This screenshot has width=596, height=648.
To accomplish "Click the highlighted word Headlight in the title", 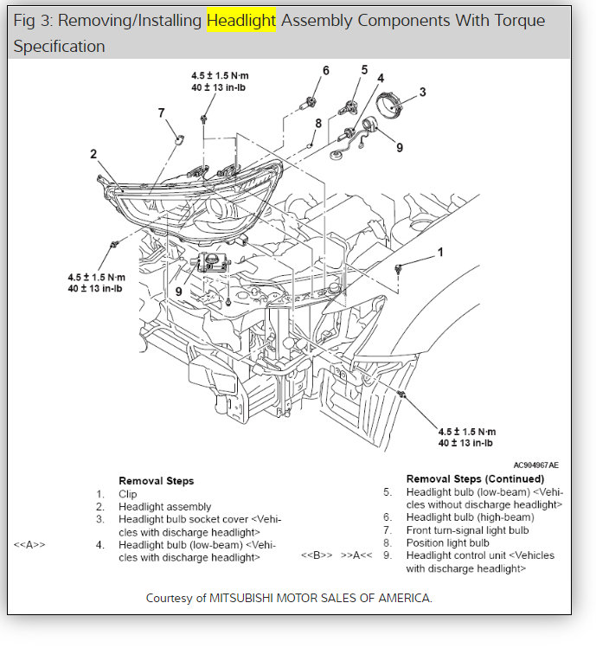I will [x=241, y=20].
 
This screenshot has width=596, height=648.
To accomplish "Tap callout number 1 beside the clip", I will [x=439, y=253].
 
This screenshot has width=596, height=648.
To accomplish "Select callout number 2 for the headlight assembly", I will [x=93, y=155].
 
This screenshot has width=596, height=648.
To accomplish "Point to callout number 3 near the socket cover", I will [x=422, y=92].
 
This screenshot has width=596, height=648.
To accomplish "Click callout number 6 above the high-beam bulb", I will [x=326, y=70].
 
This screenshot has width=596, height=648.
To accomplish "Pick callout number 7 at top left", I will [x=161, y=112].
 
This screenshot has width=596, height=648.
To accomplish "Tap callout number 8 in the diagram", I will [x=318, y=124].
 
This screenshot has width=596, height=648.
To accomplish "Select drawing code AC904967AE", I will [x=535, y=465].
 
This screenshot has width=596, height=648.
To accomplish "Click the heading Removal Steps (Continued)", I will [x=475, y=478].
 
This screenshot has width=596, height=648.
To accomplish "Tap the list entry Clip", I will [x=129, y=494].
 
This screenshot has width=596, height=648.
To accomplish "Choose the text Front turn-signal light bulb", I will [x=467, y=530].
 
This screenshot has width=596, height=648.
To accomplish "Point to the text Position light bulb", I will [x=448, y=543].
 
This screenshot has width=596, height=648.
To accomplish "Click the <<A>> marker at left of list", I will [x=29, y=545].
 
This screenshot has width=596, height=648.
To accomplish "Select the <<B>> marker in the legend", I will [x=317, y=555].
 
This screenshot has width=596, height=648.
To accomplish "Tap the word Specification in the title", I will [x=59, y=47].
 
